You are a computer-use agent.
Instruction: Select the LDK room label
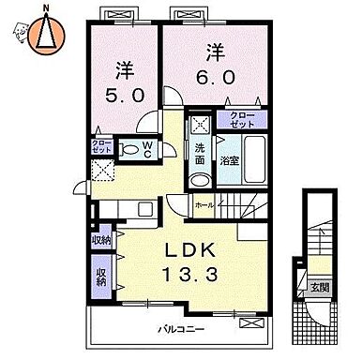[194, 251]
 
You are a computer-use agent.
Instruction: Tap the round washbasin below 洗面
[199, 182]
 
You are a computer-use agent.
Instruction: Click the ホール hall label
[204, 203]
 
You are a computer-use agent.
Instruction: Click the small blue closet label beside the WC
[100, 146]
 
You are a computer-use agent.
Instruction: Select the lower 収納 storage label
[100, 277]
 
